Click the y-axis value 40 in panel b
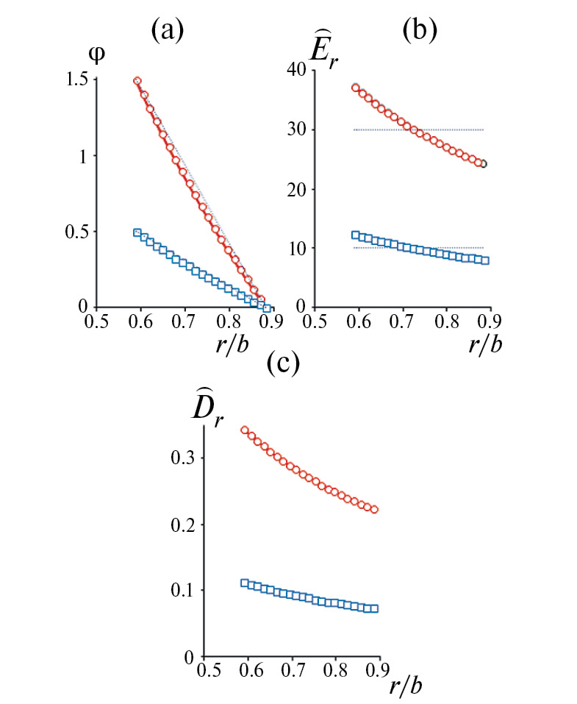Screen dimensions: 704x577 click(x=295, y=71)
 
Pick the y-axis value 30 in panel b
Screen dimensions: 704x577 click(x=295, y=130)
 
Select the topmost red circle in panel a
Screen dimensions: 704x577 click(x=137, y=81)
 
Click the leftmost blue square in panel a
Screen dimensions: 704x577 click(x=137, y=232)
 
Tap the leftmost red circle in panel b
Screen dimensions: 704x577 click(x=356, y=88)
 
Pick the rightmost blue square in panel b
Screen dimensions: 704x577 click(x=484, y=260)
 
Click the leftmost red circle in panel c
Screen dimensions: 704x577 click(x=245, y=430)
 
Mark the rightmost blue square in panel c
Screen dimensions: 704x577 click(x=375, y=608)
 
